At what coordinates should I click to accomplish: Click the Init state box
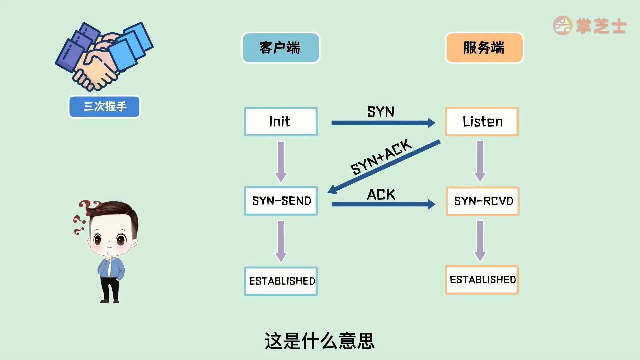pyautogui.click(x=281, y=121)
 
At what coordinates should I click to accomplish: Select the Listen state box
pyautogui.click(x=482, y=121)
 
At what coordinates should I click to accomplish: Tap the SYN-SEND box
pyautogui.click(x=281, y=201)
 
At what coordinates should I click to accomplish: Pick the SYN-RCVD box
pyautogui.click(x=482, y=201)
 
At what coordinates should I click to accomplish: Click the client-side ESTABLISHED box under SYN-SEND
pyautogui.click(x=281, y=281)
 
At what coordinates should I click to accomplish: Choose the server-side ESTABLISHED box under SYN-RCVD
pyautogui.click(x=482, y=280)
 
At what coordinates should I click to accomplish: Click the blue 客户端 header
pyautogui.click(x=280, y=48)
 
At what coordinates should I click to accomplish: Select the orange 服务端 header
pyautogui.click(x=484, y=48)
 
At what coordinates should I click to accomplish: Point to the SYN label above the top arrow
pyautogui.click(x=381, y=112)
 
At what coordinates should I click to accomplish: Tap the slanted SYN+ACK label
pyautogui.click(x=381, y=157)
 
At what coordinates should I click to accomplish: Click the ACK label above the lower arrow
pyautogui.click(x=381, y=195)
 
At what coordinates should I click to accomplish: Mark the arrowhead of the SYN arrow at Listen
pyautogui.click(x=431, y=123)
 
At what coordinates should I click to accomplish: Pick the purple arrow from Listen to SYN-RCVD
pyautogui.click(x=480, y=161)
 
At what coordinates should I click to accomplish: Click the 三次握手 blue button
pyautogui.click(x=104, y=107)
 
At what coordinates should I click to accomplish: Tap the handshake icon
pyautogui.click(x=103, y=55)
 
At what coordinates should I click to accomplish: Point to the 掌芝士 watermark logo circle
pyautogui.click(x=563, y=25)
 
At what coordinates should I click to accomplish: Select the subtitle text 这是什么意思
pyautogui.click(x=320, y=341)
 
